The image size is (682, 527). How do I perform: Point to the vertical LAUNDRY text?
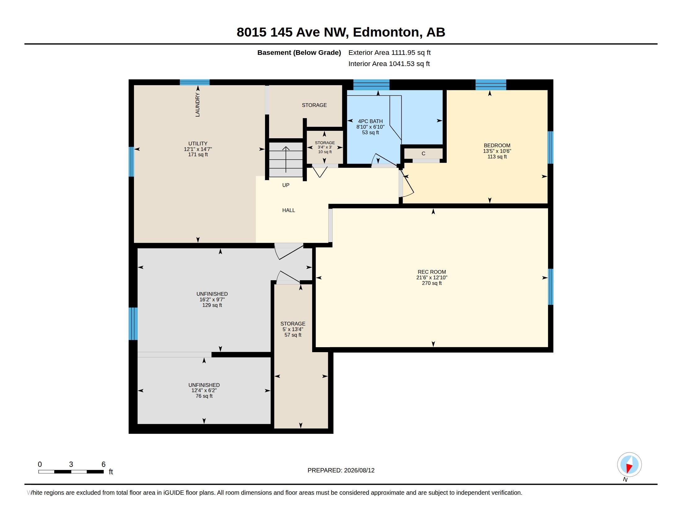[x=197, y=104]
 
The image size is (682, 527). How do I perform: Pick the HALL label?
[x=289, y=210]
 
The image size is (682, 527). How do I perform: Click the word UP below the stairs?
[x=286, y=185]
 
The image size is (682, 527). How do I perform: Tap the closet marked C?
[x=423, y=153]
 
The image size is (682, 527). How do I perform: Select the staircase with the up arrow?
[x=286, y=160]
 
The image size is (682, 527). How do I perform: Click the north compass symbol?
[x=629, y=465]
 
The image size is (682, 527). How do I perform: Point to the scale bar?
[x=71, y=472]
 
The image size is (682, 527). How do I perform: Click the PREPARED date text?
[x=341, y=470]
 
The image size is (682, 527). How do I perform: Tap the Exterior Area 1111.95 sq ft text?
[x=389, y=52]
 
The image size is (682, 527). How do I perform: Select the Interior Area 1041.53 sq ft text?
[x=389, y=64]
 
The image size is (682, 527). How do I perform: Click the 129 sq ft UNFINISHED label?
[x=212, y=299]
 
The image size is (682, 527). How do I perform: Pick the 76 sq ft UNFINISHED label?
[x=204, y=390]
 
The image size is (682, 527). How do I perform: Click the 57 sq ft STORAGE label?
[x=293, y=329]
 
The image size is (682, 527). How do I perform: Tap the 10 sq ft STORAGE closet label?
[x=325, y=147]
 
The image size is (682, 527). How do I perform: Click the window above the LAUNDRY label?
[x=195, y=82]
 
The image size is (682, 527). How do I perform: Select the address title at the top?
[x=341, y=32]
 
